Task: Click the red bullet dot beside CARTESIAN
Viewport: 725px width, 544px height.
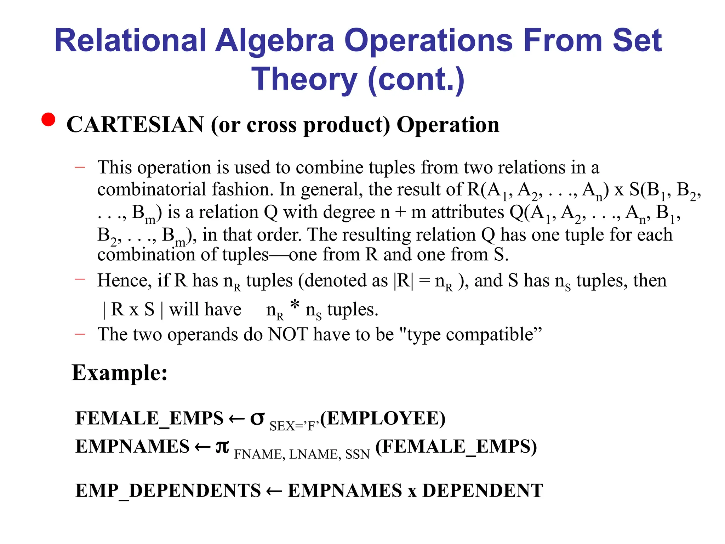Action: point(48,119)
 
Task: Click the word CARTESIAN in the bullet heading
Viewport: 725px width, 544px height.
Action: point(135,125)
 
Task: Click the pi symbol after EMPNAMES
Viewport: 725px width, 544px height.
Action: point(222,446)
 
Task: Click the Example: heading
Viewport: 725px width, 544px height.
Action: point(120,373)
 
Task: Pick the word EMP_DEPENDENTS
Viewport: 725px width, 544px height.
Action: point(168,491)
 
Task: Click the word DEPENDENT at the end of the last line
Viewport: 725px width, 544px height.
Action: point(483,491)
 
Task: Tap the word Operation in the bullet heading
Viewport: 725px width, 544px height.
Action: point(448,125)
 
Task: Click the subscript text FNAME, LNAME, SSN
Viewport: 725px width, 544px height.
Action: point(302,454)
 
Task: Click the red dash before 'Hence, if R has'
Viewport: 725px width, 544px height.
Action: point(80,279)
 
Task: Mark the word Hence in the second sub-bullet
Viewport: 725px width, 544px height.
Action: point(122,280)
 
